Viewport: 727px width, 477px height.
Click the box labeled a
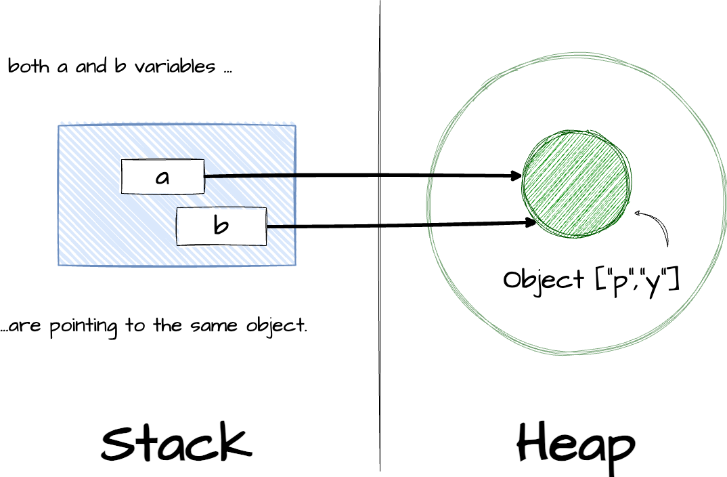click(162, 176)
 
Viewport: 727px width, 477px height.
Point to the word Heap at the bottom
click(576, 446)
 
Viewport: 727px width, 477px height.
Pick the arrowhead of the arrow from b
click(532, 222)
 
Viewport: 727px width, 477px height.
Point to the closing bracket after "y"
click(673, 279)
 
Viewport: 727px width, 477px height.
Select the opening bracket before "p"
click(601, 279)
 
